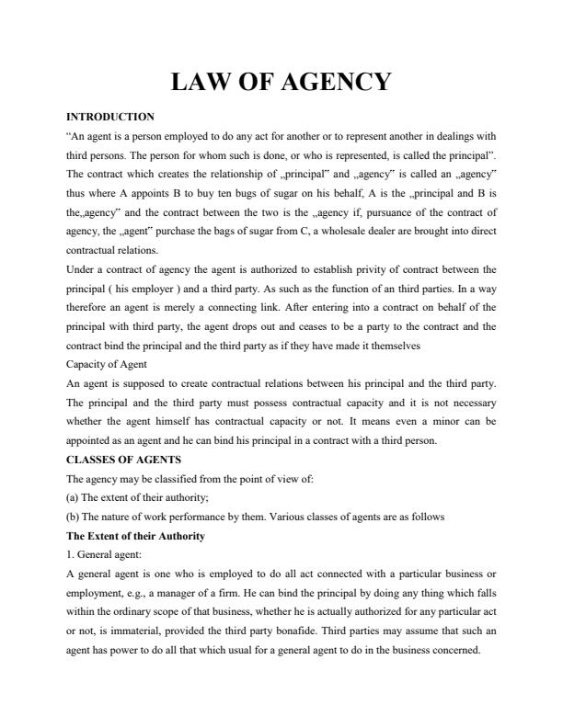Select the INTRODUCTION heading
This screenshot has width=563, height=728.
[110, 117]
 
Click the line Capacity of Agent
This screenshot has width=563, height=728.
[107, 389]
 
